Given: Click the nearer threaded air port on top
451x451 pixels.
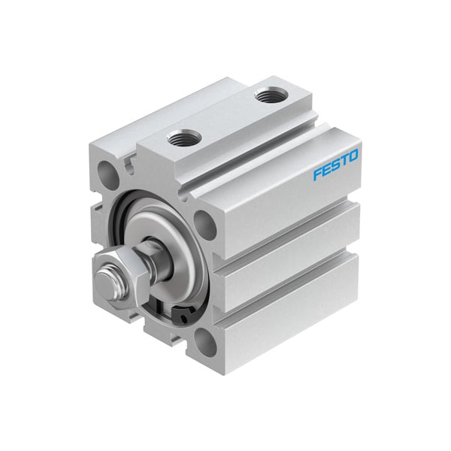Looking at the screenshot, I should click(183, 138).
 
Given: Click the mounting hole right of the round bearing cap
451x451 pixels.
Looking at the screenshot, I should click(202, 222).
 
